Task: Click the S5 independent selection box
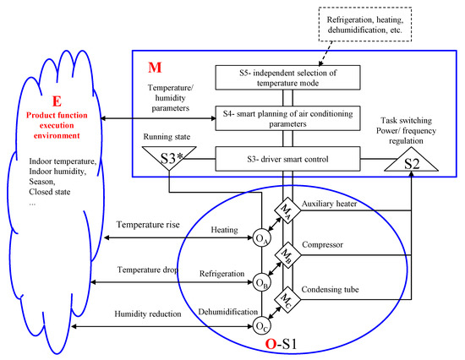287,78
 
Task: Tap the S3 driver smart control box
287,157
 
